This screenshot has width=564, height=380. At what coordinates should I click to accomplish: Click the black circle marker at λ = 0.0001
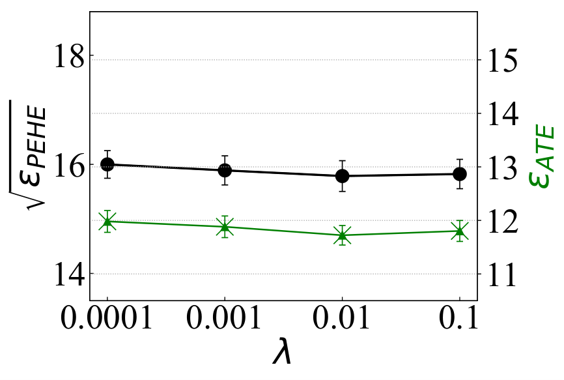pos(107,164)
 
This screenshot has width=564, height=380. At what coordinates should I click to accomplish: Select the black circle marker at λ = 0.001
pos(225,170)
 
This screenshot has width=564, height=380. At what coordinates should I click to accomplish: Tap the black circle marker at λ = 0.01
pos(342,176)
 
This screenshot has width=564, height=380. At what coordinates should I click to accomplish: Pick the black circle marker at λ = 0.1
pos(460,174)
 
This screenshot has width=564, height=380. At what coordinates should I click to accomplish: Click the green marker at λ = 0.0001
pos(107,222)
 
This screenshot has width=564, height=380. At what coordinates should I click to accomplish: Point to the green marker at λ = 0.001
pos(225,227)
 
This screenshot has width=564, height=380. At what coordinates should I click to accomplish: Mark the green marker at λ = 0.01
pos(342,235)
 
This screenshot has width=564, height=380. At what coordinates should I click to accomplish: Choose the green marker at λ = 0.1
pos(460,231)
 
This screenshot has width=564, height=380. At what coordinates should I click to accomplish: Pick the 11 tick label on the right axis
pos(501,274)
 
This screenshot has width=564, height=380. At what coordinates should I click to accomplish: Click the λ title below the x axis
pos(281,351)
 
